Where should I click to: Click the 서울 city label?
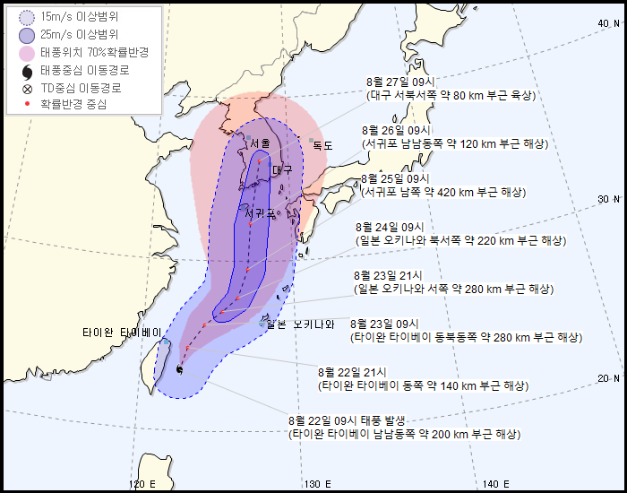point(261,143)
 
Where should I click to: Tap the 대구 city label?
point(283,169)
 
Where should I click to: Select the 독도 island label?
point(322,145)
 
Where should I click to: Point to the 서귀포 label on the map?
point(261,212)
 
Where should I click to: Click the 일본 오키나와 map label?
point(300,324)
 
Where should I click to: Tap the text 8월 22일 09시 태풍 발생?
point(348,420)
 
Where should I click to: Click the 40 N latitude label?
point(609,23)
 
